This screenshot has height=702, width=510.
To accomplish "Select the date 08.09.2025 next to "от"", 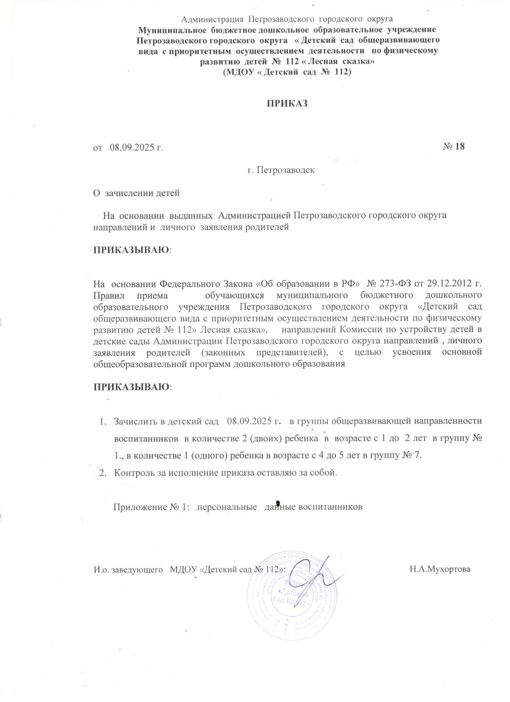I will (x=132, y=147).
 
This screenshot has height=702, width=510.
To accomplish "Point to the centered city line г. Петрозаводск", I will (x=281, y=170).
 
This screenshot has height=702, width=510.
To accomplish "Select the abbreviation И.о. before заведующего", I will (x=100, y=569).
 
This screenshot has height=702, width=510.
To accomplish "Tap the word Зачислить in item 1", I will (x=133, y=421).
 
